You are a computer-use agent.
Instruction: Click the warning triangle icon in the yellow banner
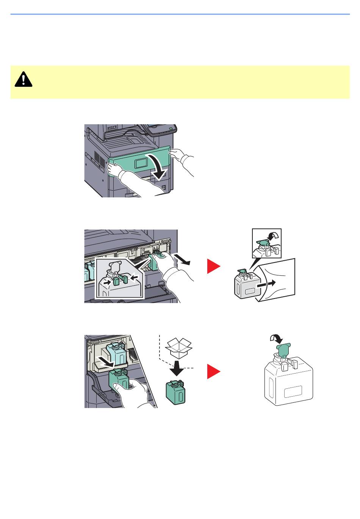click(23, 79)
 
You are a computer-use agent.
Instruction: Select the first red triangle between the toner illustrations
click(213, 267)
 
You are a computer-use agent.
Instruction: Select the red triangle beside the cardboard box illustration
click(213, 371)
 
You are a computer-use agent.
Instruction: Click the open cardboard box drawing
click(179, 347)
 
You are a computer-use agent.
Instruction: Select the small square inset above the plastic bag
click(267, 243)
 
